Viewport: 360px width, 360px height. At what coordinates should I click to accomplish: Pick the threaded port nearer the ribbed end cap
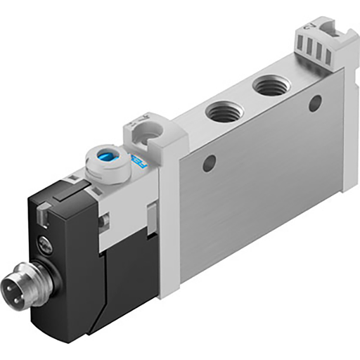pos(268,87)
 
